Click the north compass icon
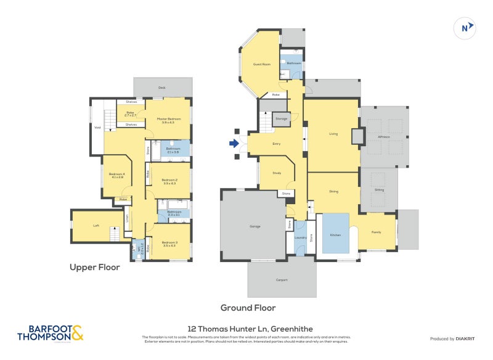coord(465,27)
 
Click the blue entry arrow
coord(234,144)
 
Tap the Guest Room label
coord(262,64)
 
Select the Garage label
coord(255,227)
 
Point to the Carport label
coord(281,280)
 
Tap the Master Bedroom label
coord(167,120)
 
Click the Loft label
coord(96,226)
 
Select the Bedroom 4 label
coord(116,175)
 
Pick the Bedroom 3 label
coord(169,243)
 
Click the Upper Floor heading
coord(94,268)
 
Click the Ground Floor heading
coord(248,308)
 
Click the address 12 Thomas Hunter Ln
coord(250,329)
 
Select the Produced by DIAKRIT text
coord(451,338)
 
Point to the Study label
coord(277,173)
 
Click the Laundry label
coord(300,237)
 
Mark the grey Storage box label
coord(281,118)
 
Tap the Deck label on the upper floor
coord(161,88)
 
